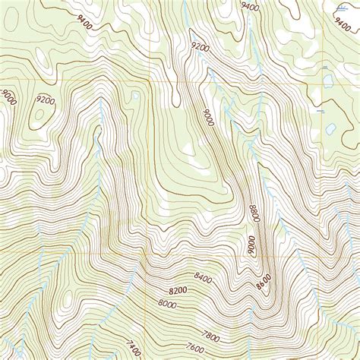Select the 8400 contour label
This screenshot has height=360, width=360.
(x=204, y=277)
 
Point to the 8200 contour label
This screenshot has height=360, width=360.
(x=177, y=291)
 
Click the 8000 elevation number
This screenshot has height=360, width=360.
(x=167, y=304)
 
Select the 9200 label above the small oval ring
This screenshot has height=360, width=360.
(x=46, y=99)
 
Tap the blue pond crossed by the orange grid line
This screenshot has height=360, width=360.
(x=327, y=79)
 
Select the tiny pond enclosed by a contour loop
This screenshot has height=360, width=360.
(x=134, y=96)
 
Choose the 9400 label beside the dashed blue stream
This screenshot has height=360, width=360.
(x=248, y=7)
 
